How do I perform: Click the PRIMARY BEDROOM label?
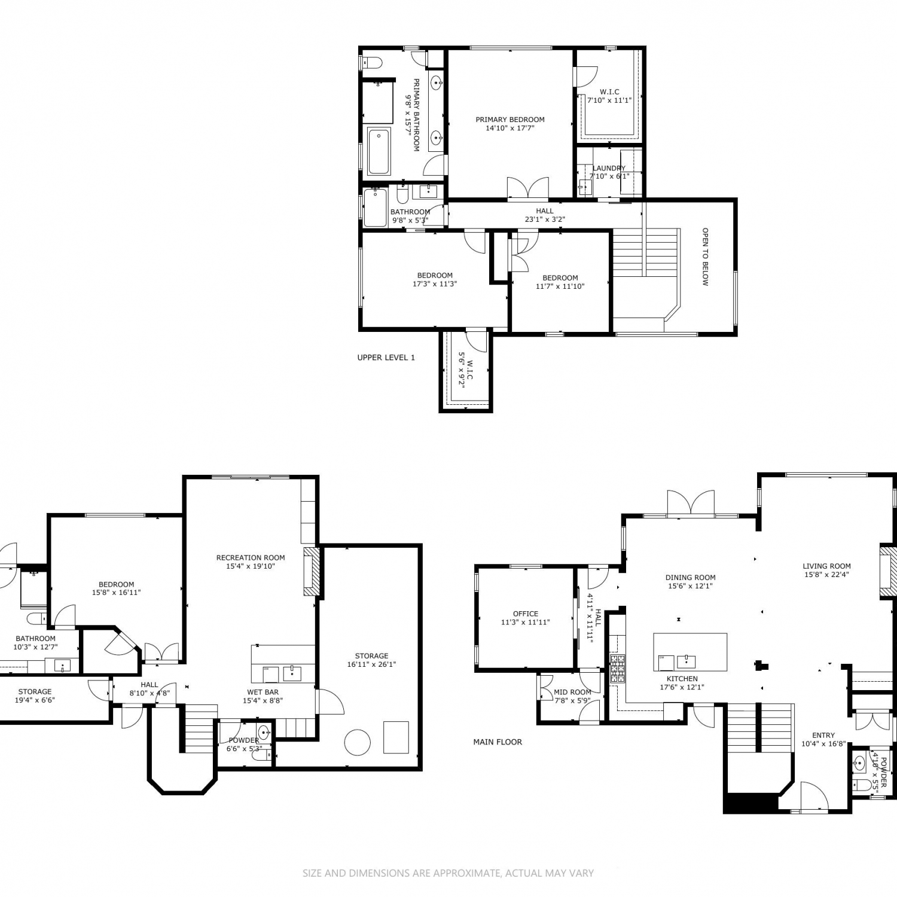coord(510,120)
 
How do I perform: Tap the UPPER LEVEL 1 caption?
coord(386,358)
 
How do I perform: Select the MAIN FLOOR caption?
coord(498,742)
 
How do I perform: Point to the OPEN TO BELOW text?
coord(705,257)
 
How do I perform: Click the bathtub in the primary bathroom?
coord(379,151)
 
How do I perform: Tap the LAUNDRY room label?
coord(609,169)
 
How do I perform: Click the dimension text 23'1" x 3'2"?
coord(545,219)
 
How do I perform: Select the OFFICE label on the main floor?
coord(526,614)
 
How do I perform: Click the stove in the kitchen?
coord(617,669)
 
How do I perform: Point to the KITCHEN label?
coord(682,679)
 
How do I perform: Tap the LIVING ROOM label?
coord(827,566)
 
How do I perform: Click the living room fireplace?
coord(887,571)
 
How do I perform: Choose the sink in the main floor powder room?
coord(860,763)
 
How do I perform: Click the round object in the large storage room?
coord(358,742)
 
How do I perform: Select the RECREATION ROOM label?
coord(251,558)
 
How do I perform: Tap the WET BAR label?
coord(263,692)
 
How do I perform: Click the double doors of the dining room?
coord(691,504)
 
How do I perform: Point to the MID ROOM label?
coord(572,692)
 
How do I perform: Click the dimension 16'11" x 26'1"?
coord(372,664)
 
